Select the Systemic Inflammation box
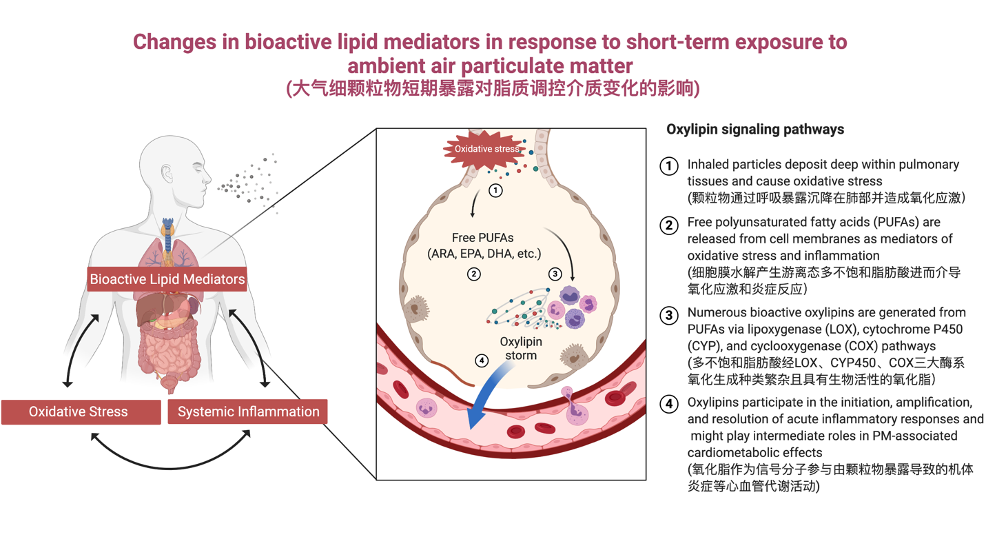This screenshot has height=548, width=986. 248,412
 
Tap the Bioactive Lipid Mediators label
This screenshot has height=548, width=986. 167,279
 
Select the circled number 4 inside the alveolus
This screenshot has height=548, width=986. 482,360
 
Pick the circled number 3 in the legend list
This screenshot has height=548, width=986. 669,315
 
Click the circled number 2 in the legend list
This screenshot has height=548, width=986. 669,225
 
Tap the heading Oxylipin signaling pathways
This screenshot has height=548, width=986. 755,130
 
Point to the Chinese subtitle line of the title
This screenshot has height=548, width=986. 492,89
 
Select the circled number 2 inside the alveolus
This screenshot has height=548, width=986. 473,274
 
